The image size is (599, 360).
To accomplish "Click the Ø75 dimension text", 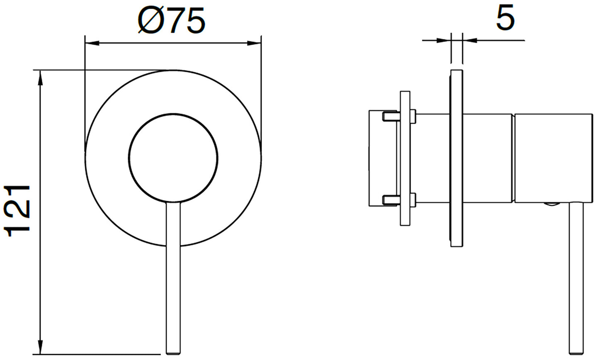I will pos(172,21).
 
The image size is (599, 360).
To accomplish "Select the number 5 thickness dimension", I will pos(505,18).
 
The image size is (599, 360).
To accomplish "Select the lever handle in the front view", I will pos(173,282).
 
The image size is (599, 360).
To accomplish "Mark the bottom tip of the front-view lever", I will pos(173,353).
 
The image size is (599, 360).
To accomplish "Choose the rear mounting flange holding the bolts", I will pos(405,158).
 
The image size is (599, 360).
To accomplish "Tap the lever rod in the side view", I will pos(577,282).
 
